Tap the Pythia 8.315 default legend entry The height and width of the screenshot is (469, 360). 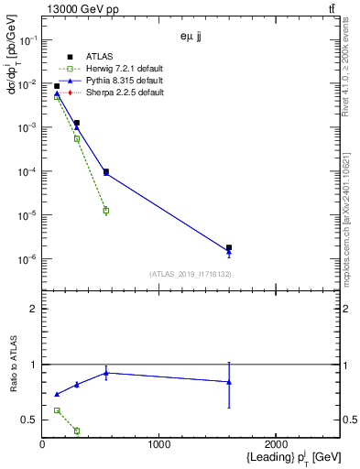[120, 82]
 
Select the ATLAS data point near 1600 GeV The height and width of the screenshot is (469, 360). [229, 247]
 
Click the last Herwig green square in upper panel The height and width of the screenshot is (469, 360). [106, 211]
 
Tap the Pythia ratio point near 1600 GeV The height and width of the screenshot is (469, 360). [229, 382]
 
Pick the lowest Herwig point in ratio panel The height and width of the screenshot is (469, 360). [76, 431]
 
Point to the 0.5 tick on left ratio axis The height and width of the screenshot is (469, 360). [30, 420]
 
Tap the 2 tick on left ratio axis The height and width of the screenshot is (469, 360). [33, 309]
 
